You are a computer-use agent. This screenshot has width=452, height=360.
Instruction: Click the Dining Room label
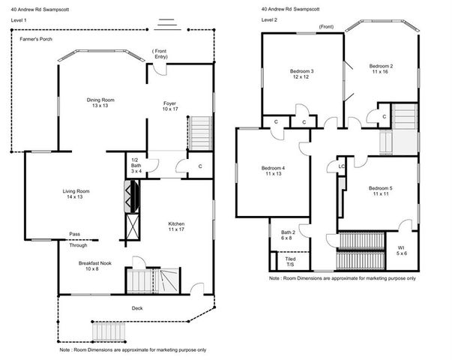[100, 103]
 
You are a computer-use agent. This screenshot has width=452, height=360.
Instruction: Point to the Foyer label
[170, 107]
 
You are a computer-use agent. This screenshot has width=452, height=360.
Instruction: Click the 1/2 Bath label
[135, 166]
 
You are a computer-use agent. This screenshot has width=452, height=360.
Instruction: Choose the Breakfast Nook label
[95, 266]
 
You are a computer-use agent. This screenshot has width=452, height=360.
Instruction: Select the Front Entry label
[161, 54]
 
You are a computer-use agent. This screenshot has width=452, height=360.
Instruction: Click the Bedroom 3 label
[301, 75]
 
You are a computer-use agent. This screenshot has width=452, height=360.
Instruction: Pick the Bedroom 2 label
[382, 70]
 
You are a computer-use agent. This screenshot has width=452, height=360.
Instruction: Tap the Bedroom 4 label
[273, 171]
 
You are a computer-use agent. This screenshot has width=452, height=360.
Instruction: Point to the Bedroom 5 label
[381, 192]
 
